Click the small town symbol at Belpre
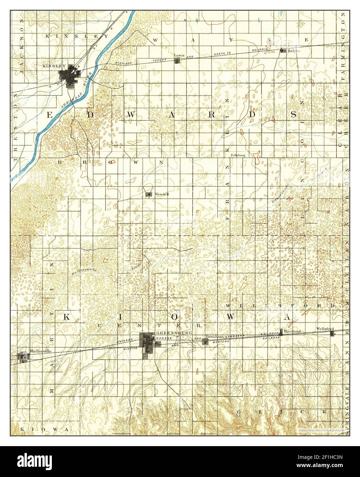(x=283, y=50)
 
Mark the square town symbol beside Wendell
(x=149, y=194)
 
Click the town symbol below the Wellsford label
(x=332, y=333)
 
